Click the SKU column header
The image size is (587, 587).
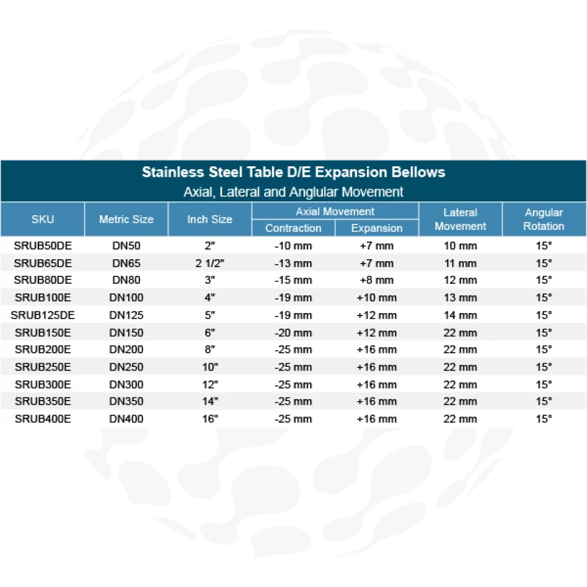click(x=42, y=219)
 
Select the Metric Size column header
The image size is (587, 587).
click(x=126, y=219)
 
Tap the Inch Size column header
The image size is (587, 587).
click(x=210, y=219)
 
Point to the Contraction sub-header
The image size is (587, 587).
click(x=293, y=228)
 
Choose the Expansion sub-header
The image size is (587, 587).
click(x=377, y=228)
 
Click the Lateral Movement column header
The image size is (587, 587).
click(x=460, y=219)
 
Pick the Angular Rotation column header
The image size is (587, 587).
click(x=544, y=219)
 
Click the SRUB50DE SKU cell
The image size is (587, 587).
click(x=43, y=246)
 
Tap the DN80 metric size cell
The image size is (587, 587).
click(x=126, y=281)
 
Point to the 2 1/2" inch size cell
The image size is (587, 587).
click(x=210, y=264)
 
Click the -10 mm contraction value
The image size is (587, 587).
click(x=293, y=246)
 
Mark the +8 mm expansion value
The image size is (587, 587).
click(x=377, y=281)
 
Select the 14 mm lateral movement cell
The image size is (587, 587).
click(x=460, y=316)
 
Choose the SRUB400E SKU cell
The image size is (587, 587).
click(x=43, y=419)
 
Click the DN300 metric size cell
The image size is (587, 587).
click(x=126, y=385)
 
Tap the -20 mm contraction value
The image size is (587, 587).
click(x=293, y=333)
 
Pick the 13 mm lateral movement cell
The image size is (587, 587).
click(x=460, y=298)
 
